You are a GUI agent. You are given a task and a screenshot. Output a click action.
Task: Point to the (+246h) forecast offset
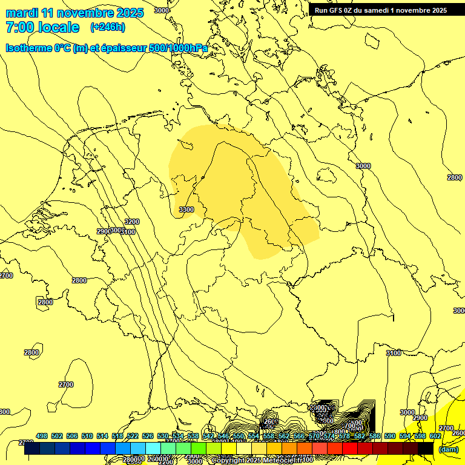pyautogui.click(x=107, y=27)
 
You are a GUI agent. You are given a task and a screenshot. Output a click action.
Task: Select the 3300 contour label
pyautogui.click(x=186, y=209)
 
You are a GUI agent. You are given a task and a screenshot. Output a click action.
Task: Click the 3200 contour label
pyautogui.click(x=131, y=222)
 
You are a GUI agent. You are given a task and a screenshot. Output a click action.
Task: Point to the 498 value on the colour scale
pyautogui.click(x=42, y=436)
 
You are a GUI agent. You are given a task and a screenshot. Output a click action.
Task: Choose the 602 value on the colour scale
pyautogui.click(x=435, y=436)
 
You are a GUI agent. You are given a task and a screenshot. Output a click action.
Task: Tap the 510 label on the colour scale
pyautogui.click(x=87, y=436)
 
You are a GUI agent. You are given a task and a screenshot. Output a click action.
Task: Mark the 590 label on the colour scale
pyautogui.click(x=390, y=436)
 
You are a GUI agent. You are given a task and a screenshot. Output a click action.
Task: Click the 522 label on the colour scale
pyautogui.click(x=133, y=436)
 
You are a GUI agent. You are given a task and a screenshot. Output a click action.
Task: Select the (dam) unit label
pyautogui.click(x=449, y=449)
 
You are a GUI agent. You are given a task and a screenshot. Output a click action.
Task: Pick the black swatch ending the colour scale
pyautogui.click(x=426, y=448)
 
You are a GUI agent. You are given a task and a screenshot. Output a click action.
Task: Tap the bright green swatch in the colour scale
pyautogui.click(x=183, y=448)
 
